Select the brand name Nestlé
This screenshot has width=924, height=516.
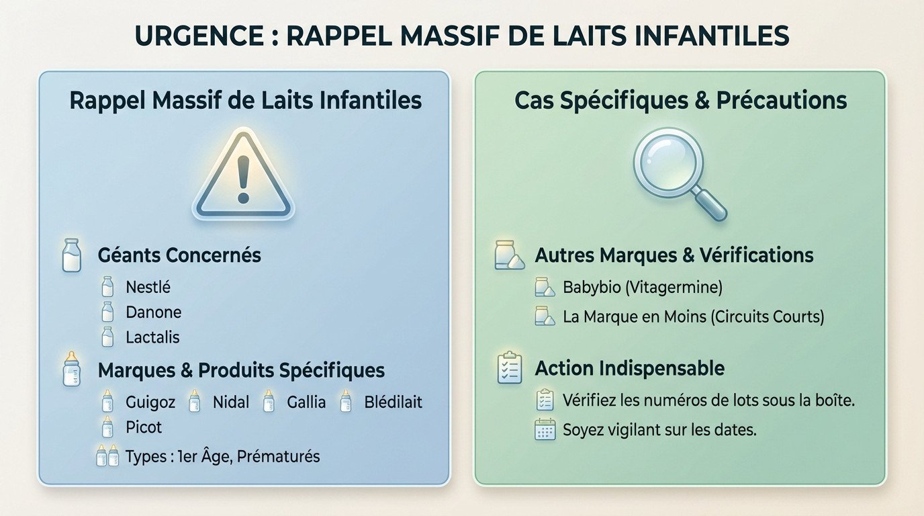pos(148,288)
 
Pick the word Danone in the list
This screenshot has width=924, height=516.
pos(153,312)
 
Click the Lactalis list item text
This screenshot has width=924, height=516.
pos(152,337)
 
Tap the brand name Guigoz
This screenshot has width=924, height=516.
pos(150,402)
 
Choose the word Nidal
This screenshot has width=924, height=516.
pos(230,402)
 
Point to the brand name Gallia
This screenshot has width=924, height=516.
pos(306,402)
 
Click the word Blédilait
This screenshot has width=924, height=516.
pos(393,402)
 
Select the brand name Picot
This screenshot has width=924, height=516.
pos(144,427)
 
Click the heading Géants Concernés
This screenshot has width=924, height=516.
pos(179,255)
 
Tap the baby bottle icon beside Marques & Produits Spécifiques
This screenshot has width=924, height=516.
pos(71,370)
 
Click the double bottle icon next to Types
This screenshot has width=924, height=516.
pos(107,456)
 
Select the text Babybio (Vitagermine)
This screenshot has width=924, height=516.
pos(642,288)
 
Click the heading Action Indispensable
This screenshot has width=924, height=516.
pos(629,368)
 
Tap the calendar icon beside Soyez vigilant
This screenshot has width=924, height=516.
pos(545,429)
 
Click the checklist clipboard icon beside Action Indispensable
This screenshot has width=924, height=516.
pos(510,368)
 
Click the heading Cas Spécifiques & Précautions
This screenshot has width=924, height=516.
pos(680,101)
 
